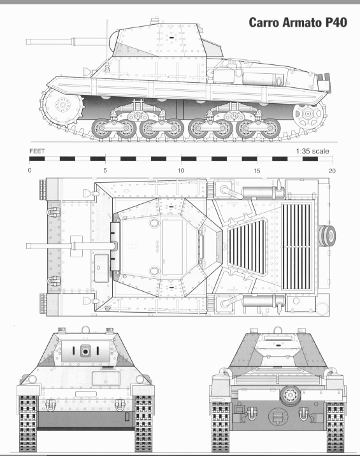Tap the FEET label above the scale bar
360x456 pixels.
[x=38, y=152]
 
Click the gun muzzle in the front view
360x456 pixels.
[x=85, y=351]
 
